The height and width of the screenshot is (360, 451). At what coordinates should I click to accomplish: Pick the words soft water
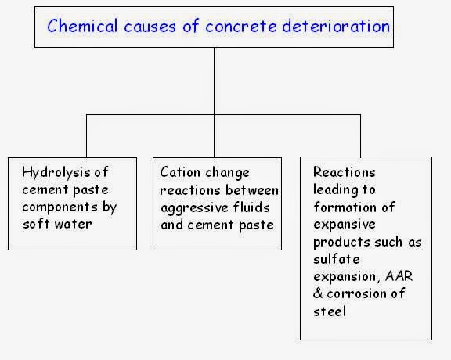coord(57,225)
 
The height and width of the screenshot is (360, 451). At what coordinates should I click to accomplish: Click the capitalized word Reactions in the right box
coord(344,172)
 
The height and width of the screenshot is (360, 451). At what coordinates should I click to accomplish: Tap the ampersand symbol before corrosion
coord(317,293)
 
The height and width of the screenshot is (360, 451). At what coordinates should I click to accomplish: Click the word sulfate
coord(334,259)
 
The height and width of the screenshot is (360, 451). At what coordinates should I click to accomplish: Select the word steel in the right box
coord(329,311)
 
